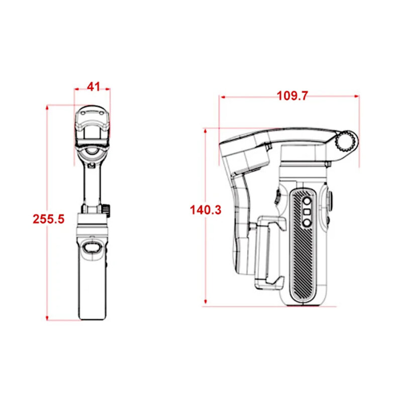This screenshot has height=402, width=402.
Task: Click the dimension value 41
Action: [x=93, y=87]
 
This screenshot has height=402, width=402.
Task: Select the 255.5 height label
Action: [x=48, y=219]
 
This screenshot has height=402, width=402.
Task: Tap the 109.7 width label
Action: [x=292, y=96]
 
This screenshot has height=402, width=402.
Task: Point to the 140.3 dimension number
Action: [x=206, y=210]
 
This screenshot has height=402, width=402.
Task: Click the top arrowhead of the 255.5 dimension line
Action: [x=47, y=108]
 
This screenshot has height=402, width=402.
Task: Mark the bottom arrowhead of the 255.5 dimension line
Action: [x=47, y=318]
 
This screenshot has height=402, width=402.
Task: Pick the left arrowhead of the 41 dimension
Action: [x=77, y=89]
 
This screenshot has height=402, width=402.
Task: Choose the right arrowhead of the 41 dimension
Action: [x=108, y=89]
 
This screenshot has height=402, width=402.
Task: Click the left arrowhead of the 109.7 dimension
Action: [x=223, y=97]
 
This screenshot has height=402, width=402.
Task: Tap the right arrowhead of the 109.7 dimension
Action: [x=356, y=96]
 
